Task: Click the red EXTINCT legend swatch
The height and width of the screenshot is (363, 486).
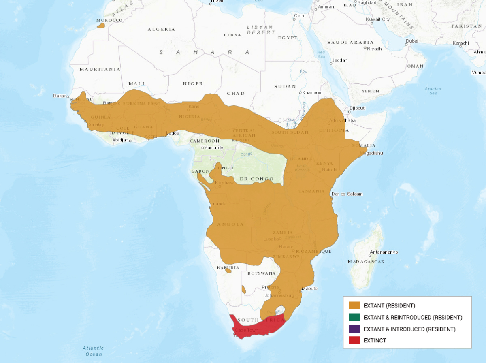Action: coord(354,340)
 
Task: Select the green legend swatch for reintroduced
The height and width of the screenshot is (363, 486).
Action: coord(354,317)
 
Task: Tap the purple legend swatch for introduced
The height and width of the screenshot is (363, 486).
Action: coord(354,329)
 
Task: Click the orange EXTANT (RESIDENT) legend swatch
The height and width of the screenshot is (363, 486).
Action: coord(354,305)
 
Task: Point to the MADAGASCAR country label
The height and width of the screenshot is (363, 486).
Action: coord(366,262)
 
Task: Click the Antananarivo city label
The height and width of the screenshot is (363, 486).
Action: coord(383,252)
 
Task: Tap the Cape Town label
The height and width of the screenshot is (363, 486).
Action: coord(246,330)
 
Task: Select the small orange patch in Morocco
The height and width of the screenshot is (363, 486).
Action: coord(101,26)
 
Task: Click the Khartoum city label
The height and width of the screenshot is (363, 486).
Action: coord(312,92)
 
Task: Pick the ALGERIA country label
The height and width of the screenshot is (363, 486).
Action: coord(161,29)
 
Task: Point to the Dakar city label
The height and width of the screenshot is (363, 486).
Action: coord(59,96)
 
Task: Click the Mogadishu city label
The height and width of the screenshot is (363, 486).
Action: coord(375,154)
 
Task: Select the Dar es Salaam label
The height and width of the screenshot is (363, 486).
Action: coord(347,194)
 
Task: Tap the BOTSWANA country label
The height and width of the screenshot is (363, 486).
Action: coord(261,273)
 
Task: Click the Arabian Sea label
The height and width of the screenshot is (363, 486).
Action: coord(433,91)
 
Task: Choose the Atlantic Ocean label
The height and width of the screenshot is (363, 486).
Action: coord(93,351)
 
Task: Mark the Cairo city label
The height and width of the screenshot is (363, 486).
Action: coord(300,16)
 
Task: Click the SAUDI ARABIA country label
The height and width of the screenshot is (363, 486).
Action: coord(350,42)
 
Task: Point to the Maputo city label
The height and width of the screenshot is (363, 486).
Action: coord(309,288)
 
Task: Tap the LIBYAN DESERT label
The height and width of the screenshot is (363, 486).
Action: coord(260,30)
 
